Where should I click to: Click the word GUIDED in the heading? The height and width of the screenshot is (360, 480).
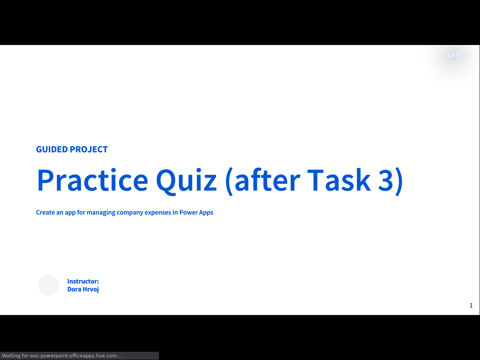click(52, 149)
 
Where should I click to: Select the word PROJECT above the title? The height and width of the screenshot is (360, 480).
click(89, 149)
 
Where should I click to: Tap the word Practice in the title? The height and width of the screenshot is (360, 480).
click(93, 180)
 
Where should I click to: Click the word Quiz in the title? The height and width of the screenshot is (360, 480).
click(186, 181)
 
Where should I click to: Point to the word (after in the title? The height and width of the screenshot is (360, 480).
click(262, 181)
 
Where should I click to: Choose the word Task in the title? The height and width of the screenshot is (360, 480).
click(339, 180)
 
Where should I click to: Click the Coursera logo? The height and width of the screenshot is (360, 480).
click(454, 55)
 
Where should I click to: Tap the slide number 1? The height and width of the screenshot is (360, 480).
click(471, 305)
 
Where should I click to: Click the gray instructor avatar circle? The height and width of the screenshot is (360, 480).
click(48, 285)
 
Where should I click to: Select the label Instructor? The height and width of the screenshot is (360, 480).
click(83, 281)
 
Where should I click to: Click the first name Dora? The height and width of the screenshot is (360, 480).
click(74, 289)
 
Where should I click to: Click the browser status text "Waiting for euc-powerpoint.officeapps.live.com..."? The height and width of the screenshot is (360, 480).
click(62, 355)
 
